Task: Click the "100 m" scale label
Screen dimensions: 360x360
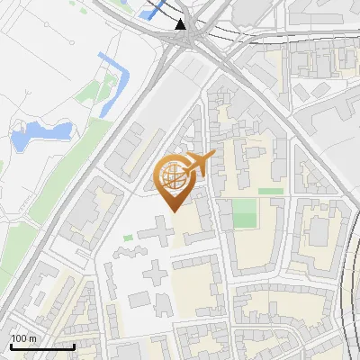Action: pyautogui.click(x=23, y=338)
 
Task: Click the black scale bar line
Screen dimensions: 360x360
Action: pyautogui.click(x=42, y=346)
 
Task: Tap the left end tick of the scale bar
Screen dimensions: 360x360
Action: pyautogui.click(x=11, y=346)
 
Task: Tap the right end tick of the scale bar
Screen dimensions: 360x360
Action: pyautogui.click(x=74, y=346)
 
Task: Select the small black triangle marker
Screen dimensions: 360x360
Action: pyautogui.click(x=182, y=24)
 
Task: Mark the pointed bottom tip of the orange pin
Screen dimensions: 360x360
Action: pyautogui.click(x=174, y=211)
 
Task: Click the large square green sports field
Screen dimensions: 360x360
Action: pyautogui.click(x=245, y=214)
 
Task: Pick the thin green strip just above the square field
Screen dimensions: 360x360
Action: pyautogui.click(x=270, y=191)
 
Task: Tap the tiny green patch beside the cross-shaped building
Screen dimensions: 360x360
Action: pyautogui.click(x=129, y=238)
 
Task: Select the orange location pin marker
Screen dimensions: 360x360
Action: pyautogui.click(x=175, y=180)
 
